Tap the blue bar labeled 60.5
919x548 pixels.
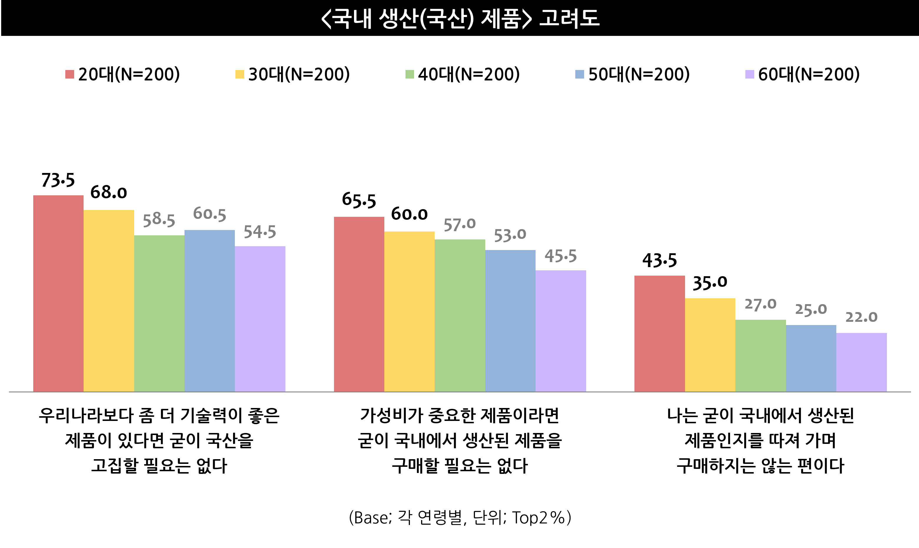tap(210, 311)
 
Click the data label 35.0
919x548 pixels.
tap(709, 283)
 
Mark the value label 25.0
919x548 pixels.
tap(811, 309)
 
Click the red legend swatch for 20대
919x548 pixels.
tap(69, 74)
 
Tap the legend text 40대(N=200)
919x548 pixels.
tap(469, 74)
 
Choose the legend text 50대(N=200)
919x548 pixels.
tap(639, 74)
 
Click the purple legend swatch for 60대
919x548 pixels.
tap(750, 74)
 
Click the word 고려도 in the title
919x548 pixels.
tap(569, 18)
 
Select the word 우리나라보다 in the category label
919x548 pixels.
tap(86, 415)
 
